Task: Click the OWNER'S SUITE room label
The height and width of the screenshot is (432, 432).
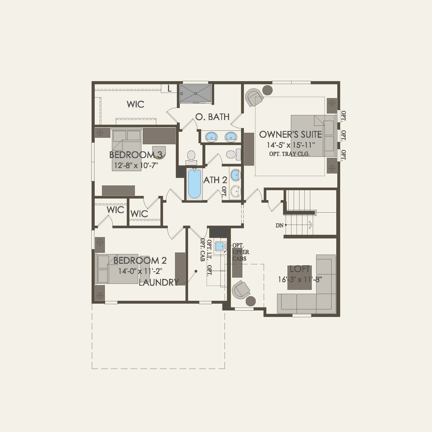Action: pos(290,135)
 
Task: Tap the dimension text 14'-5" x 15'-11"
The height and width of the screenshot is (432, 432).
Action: pos(291,145)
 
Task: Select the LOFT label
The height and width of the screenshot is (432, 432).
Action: pos(300,269)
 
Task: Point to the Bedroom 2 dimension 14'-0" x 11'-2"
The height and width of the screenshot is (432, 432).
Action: pos(140,271)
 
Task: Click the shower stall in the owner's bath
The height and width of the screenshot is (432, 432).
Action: pos(195,93)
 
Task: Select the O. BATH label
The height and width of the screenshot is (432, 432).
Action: pos(212,117)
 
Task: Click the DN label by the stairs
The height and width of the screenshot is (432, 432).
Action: pos(279,225)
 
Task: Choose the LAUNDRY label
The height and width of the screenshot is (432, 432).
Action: pos(159,282)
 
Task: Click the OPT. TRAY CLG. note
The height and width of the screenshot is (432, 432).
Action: pos(289,154)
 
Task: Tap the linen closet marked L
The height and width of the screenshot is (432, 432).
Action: pos(169,89)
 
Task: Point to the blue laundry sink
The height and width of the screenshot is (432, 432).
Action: pos(219,246)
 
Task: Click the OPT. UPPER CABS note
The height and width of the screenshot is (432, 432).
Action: pos(241,252)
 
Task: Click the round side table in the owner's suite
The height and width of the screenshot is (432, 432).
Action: pos(267,90)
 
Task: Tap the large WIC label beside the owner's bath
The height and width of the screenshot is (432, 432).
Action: pos(135,104)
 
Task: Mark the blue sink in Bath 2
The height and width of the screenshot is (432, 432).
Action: pos(235,175)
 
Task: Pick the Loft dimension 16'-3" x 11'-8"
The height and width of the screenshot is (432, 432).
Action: pos(300,279)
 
